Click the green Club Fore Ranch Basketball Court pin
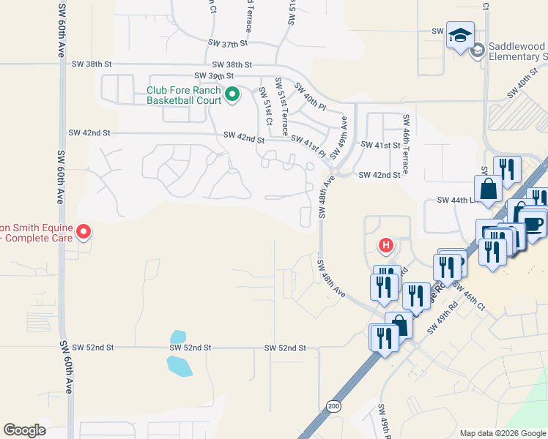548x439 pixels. (232, 95)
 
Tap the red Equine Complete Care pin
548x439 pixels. (84, 233)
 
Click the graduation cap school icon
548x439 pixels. (460, 35)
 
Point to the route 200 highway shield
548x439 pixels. (334, 405)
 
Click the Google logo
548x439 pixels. (24, 430)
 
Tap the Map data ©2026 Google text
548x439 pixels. (503, 433)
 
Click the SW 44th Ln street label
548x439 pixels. (453, 200)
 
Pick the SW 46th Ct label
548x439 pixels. (470, 296)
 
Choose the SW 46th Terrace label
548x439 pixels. (405, 143)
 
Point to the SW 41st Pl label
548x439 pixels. (308, 143)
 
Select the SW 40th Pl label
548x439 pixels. (309, 97)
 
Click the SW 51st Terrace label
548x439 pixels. (281, 107)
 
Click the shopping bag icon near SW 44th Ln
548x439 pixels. (488, 189)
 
